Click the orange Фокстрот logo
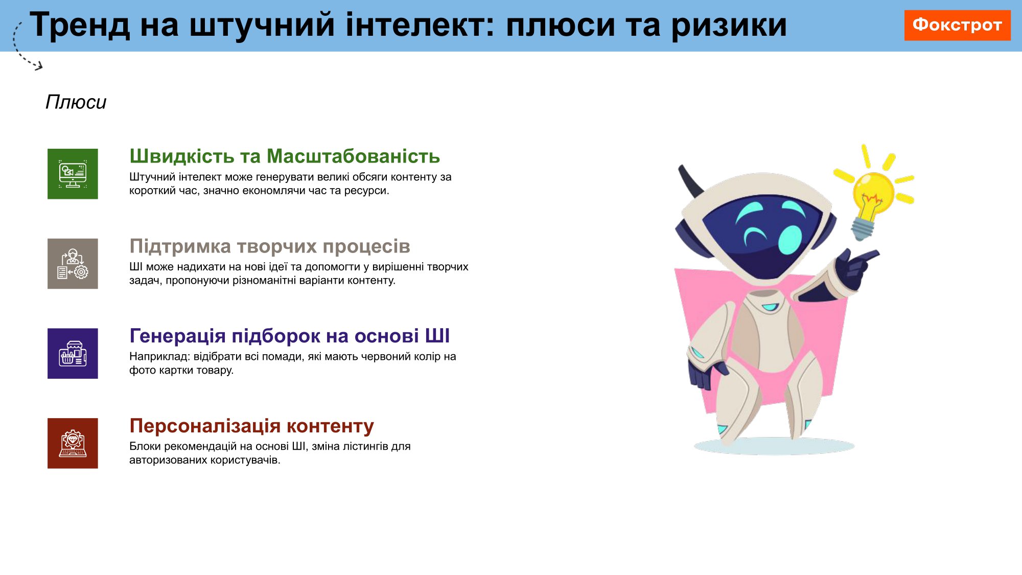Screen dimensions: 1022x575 coord(957,25)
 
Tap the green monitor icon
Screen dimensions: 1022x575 coord(73,174)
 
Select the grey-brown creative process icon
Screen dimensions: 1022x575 coord(73,264)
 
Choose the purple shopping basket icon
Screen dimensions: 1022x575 coord(73,353)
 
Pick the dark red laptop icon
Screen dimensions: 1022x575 coord(73,443)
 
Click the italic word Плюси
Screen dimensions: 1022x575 coord(76,102)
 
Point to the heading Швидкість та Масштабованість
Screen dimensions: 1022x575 coord(285,156)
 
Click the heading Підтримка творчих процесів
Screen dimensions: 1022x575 coord(270,246)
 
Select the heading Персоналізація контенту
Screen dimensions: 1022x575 coord(251,426)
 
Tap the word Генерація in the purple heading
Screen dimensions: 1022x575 coord(177,336)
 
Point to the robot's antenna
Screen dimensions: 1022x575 coord(690,181)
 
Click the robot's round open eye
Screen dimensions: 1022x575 coord(790,239)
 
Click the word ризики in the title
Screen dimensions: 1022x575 coord(729,26)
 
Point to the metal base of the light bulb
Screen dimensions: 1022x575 coord(862,228)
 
